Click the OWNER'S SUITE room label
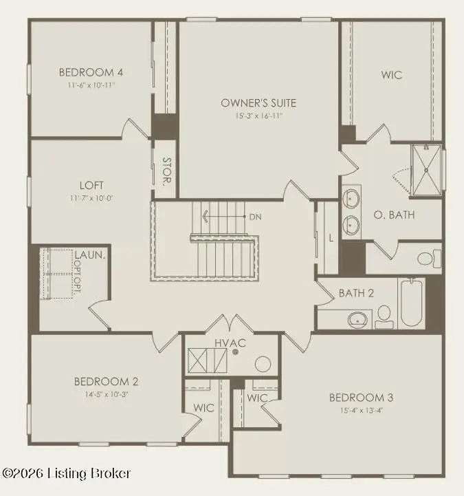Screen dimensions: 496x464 click(258, 103)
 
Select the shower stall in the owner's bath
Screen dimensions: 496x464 click(427, 169)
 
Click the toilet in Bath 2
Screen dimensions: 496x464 click(384, 315)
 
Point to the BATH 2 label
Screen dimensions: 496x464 click(356, 293)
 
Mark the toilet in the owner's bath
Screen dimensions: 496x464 click(426, 259)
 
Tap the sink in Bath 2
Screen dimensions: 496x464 click(357, 319)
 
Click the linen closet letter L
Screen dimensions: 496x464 click(331, 237)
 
